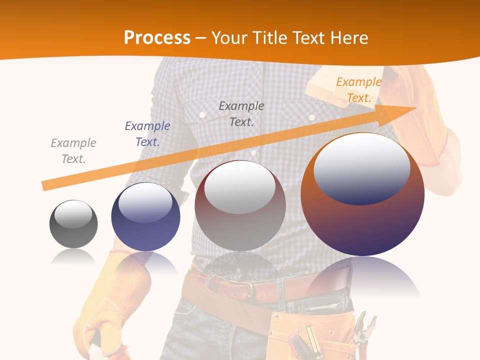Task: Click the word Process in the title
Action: pos(157,37)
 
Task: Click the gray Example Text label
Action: pos(73,151)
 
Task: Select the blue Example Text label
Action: pos(147,134)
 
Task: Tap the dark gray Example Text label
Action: pos(241,113)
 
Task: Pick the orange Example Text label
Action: pos(358,90)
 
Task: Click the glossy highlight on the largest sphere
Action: pos(362,167)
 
